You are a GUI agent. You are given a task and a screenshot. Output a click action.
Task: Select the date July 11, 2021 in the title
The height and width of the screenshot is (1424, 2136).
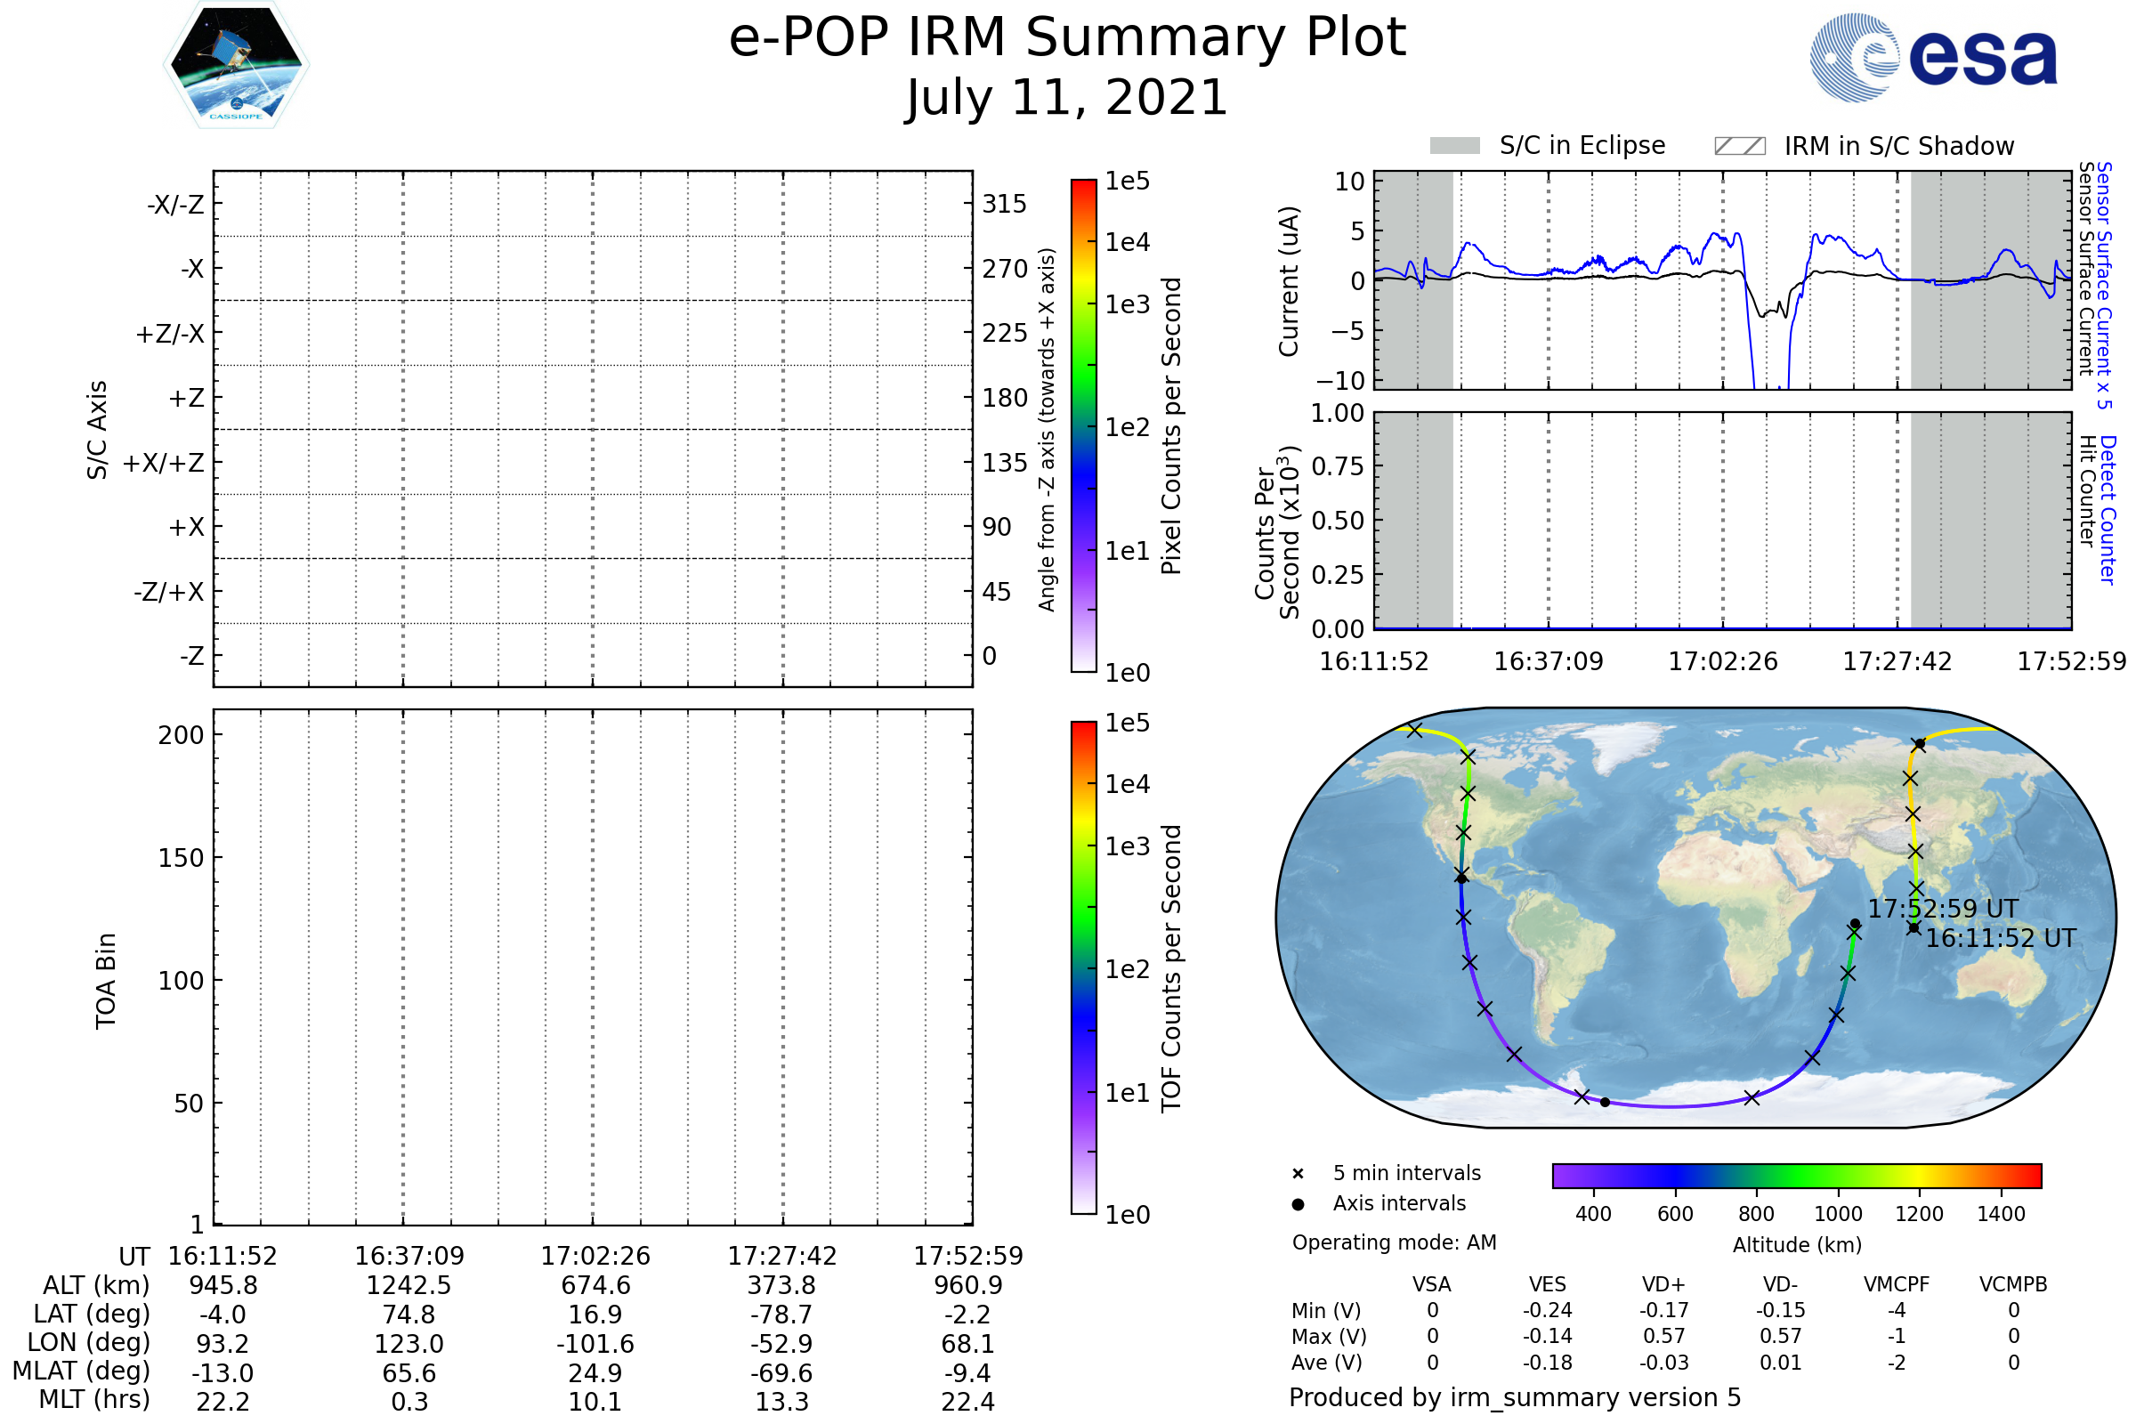[1067, 98]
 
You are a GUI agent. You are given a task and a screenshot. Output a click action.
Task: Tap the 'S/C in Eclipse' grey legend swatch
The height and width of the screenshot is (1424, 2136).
[1454, 146]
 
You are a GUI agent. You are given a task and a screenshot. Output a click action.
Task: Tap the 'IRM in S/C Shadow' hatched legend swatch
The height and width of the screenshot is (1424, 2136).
[1739, 146]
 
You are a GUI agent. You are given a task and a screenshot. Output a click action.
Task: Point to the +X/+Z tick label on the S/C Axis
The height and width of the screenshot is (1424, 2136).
[164, 463]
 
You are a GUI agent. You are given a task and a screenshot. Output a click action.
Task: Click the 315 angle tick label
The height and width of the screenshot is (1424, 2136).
[1004, 205]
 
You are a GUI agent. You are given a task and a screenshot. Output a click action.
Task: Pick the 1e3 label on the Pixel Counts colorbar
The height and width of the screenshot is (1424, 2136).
[1127, 305]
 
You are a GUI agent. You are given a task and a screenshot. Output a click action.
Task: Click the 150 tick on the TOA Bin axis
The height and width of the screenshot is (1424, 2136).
[181, 858]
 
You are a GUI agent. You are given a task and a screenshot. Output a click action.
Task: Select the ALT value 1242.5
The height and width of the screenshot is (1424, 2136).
[409, 1286]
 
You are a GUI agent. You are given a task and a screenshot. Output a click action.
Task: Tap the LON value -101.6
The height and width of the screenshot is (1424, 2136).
[595, 1344]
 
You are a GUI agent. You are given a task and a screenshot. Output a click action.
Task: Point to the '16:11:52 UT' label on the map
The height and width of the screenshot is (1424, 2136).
[2001, 938]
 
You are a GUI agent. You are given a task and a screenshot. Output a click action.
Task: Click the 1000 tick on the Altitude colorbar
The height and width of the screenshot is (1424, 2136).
[1838, 1214]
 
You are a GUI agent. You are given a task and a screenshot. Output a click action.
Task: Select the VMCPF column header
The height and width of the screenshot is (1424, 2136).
[1897, 1285]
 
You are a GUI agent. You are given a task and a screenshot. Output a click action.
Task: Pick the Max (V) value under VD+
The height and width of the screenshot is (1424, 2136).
[1663, 1337]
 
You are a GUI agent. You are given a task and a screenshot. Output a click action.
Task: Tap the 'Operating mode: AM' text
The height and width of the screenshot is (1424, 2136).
[1394, 1242]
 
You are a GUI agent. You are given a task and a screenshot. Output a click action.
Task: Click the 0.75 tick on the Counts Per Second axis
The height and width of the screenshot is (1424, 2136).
[1338, 466]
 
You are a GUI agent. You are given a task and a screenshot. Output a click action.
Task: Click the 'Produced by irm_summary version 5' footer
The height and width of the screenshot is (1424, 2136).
[1515, 1397]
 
